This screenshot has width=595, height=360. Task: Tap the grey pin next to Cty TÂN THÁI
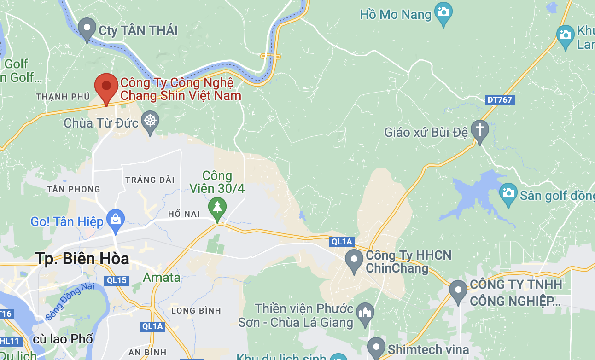coord(87,29)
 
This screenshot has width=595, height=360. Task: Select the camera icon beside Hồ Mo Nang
coord(443,12)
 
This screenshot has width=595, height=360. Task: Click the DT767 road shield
coord(499,100)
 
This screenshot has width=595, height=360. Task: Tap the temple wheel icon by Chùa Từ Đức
coord(150,121)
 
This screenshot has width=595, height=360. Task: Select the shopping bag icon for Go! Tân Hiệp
coord(115,220)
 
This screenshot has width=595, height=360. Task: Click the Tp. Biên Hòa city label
coord(82,259)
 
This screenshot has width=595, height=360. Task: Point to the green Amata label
coord(161,278)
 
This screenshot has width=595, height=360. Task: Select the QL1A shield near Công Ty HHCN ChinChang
coord(342,242)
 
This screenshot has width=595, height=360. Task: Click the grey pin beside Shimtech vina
coord(376,348)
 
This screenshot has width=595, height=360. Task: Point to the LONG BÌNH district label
coord(196,310)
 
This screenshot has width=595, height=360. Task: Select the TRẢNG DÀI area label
coord(150,180)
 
